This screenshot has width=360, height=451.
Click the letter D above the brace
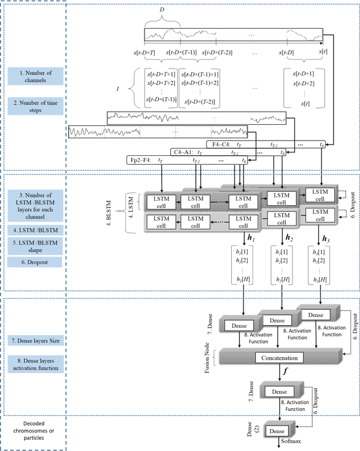(x=162, y=10)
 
